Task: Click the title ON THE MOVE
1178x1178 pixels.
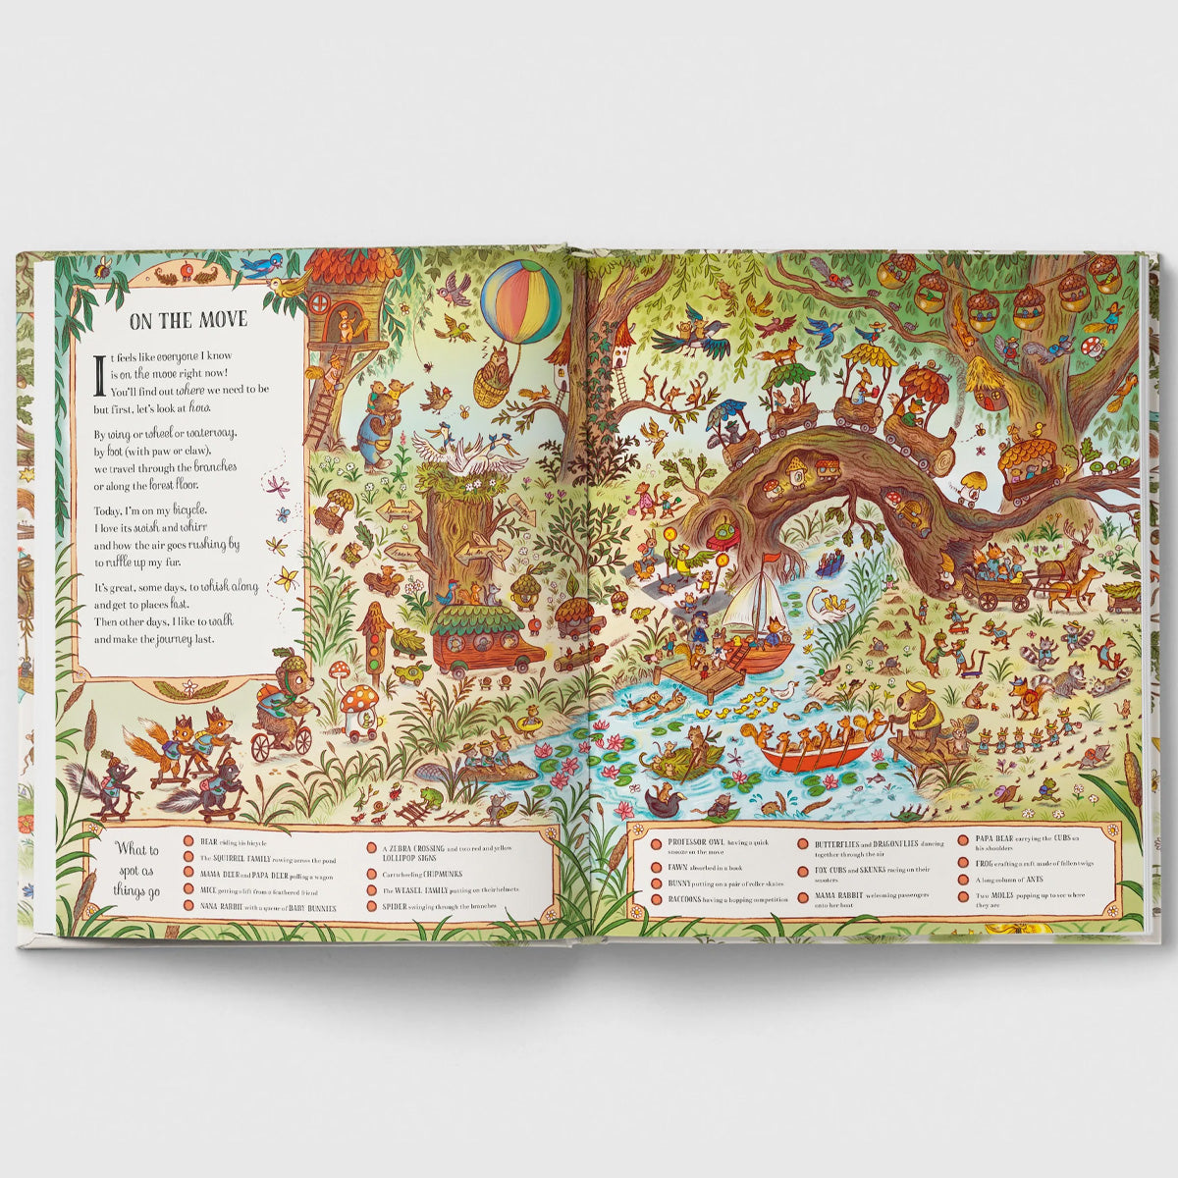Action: click(x=188, y=320)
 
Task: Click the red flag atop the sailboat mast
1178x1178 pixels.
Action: click(x=775, y=561)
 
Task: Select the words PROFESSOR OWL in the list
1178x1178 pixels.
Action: click(x=693, y=842)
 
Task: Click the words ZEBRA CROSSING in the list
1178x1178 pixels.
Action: click(x=404, y=847)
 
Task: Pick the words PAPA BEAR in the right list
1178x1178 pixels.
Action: click(x=997, y=837)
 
